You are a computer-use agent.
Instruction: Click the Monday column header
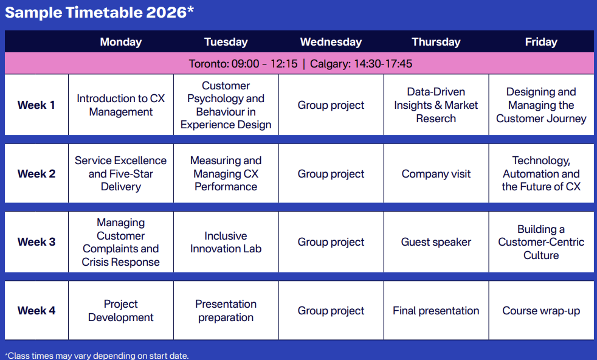pyautogui.click(x=121, y=42)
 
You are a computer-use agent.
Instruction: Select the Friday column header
pyautogui.click(x=541, y=42)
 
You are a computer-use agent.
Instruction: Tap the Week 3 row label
pyautogui.click(x=36, y=242)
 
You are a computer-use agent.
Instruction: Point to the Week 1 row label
pyautogui.click(x=36, y=105)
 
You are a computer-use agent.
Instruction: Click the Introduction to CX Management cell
pyautogui.click(x=121, y=105)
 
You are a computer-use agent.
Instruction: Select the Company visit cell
pyautogui.click(x=436, y=174)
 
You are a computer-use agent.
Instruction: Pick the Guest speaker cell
pyautogui.click(x=436, y=242)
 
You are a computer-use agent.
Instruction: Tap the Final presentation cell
pyautogui.click(x=436, y=311)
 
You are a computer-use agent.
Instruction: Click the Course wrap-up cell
pyautogui.click(x=541, y=311)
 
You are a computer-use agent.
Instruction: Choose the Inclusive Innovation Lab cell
pyautogui.click(x=226, y=242)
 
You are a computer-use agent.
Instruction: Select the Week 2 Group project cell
pyautogui.click(x=331, y=174)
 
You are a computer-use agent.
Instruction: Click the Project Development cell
pyautogui.click(x=121, y=311)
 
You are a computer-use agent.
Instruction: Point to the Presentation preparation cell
pyautogui.click(x=226, y=311)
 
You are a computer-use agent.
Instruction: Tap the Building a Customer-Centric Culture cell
pyautogui.click(x=541, y=242)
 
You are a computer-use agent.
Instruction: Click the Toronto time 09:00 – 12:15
pyautogui.click(x=264, y=64)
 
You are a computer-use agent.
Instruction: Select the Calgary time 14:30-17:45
pyautogui.click(x=383, y=64)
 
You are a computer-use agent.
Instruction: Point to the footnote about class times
pyautogui.click(x=97, y=356)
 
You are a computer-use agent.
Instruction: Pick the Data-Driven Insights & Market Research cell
pyautogui.click(x=436, y=105)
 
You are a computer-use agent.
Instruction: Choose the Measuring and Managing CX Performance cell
pyautogui.click(x=226, y=174)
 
